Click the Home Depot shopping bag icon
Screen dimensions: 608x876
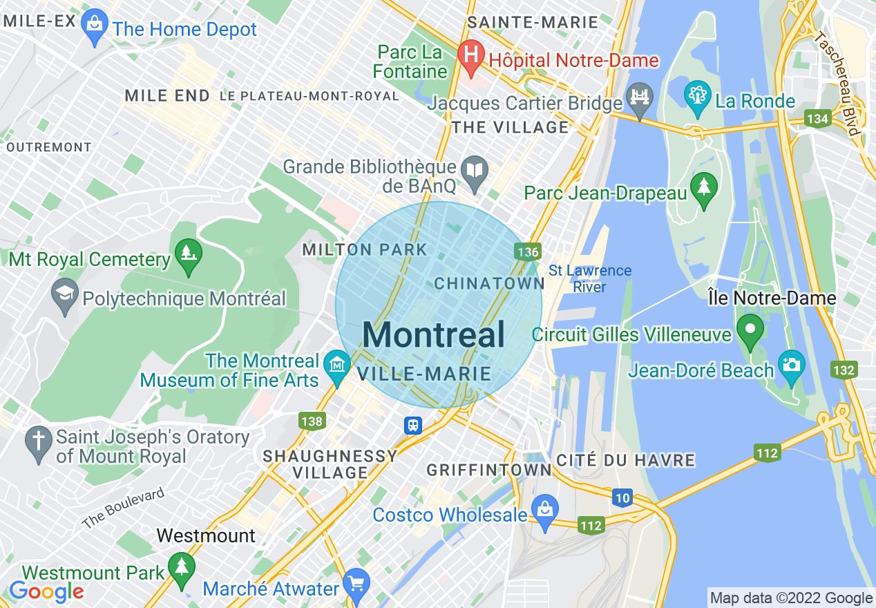pos(93,27)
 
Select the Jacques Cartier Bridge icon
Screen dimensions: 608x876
pos(640,99)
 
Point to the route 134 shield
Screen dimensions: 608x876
pos(817,120)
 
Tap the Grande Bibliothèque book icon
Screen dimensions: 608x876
pos(475,172)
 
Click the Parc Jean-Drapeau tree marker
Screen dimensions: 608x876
pos(705,189)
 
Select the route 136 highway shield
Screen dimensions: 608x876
pos(526,252)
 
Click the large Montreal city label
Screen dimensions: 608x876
pos(433,335)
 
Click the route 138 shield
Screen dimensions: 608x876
pos(312,421)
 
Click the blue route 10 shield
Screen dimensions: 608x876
pos(622,497)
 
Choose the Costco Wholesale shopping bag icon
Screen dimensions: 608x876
pos(545,513)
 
